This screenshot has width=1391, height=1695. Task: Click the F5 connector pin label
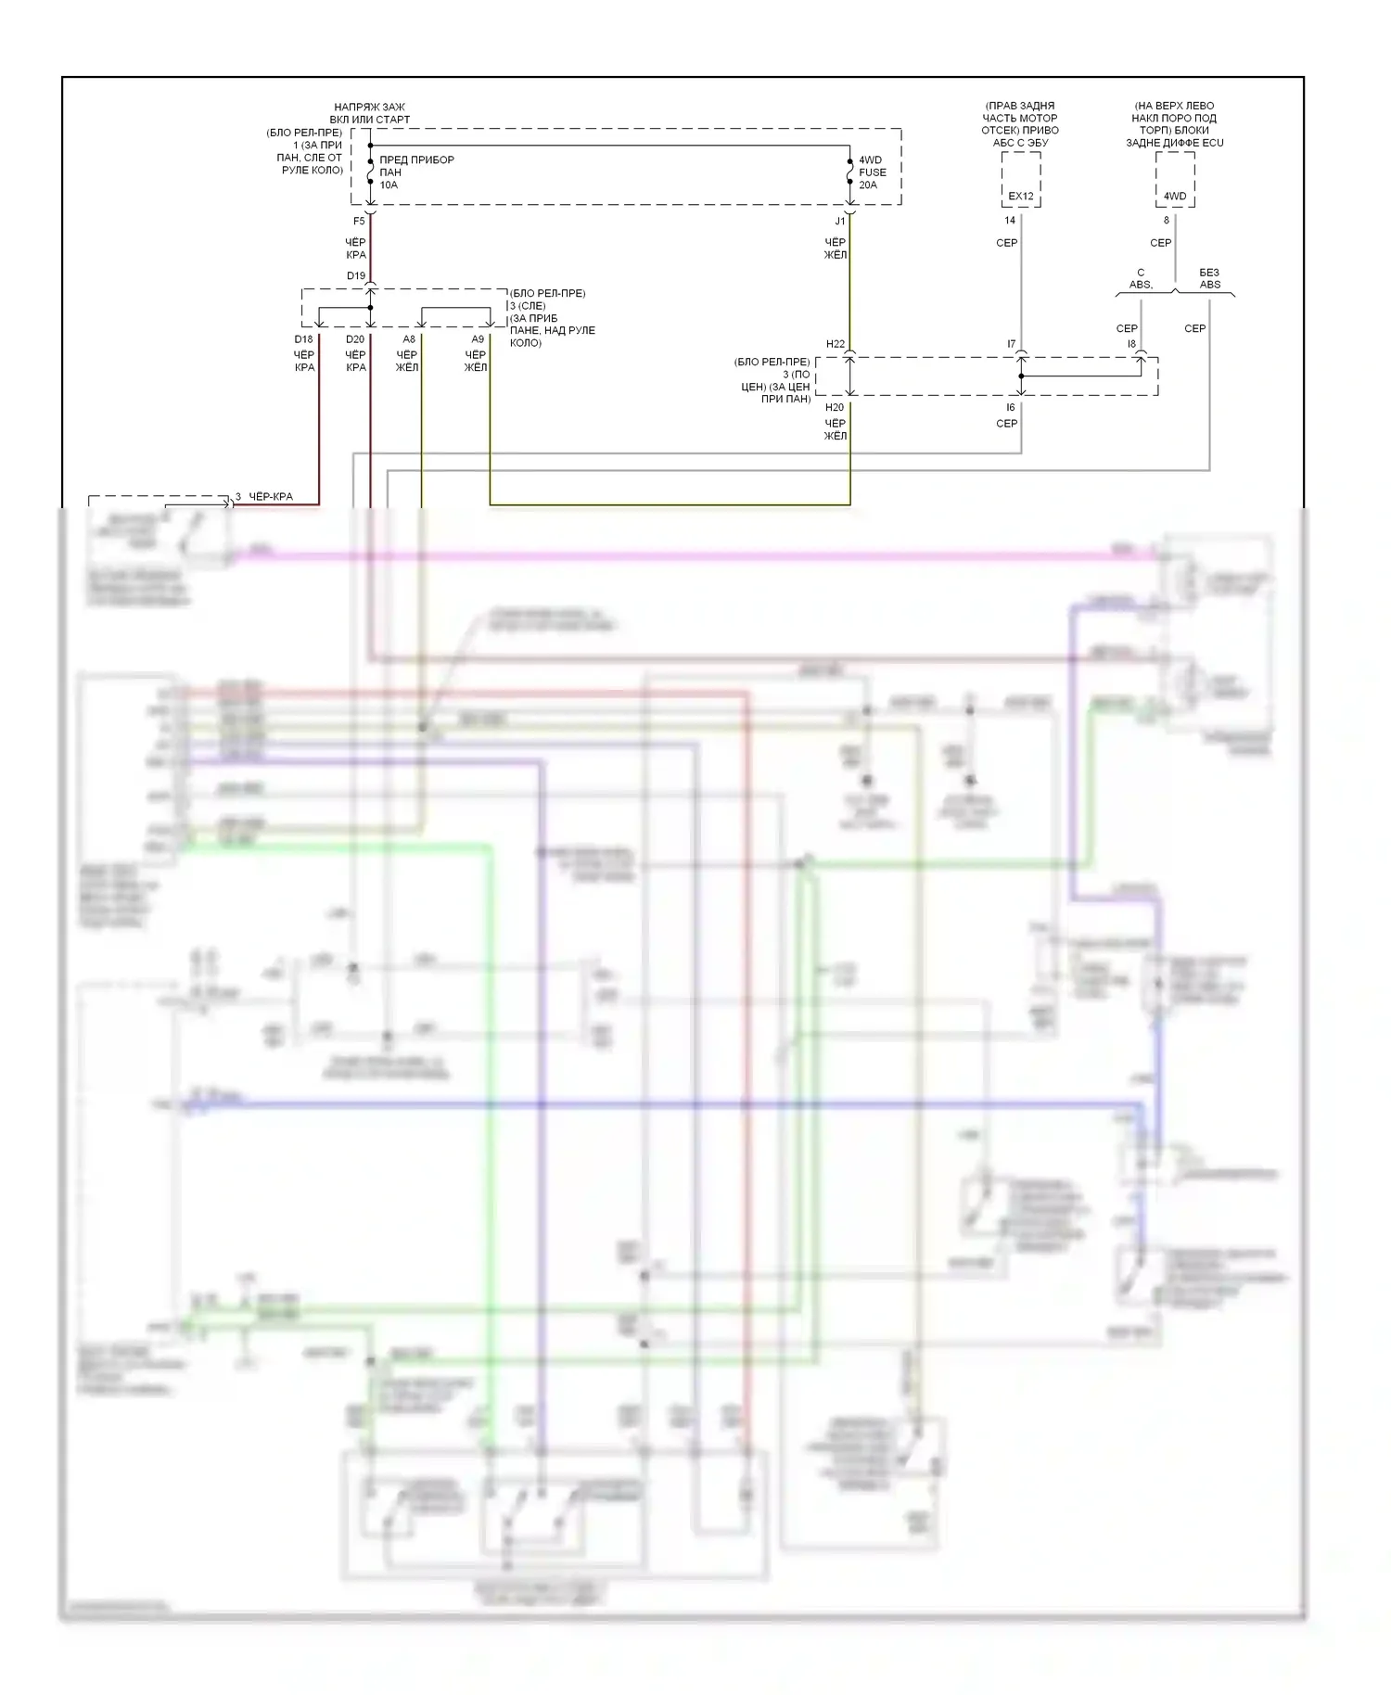click(359, 222)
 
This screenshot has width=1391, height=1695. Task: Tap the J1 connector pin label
click(840, 222)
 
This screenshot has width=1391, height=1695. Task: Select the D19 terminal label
click(356, 276)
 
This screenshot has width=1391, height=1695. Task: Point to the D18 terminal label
click(304, 340)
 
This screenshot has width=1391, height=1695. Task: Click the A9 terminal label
click(478, 340)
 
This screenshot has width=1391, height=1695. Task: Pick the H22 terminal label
click(836, 345)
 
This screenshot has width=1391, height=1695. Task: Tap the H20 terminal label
click(835, 408)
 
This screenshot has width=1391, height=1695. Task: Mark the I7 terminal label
click(1012, 345)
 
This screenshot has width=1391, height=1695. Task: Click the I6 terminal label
click(1011, 408)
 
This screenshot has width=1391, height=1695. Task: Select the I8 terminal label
click(1131, 345)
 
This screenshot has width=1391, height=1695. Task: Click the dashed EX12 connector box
click(1021, 180)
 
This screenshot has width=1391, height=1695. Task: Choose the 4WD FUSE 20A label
click(872, 172)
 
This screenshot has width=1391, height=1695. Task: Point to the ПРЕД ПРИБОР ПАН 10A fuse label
click(416, 172)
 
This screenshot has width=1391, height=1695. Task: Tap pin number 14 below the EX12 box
click(1010, 221)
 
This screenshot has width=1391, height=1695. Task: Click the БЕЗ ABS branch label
click(1209, 279)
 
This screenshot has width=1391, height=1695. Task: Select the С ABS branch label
click(1141, 279)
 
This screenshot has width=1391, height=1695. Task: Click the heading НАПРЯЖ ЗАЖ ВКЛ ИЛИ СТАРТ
click(370, 113)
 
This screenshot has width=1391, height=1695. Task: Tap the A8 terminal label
click(409, 340)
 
